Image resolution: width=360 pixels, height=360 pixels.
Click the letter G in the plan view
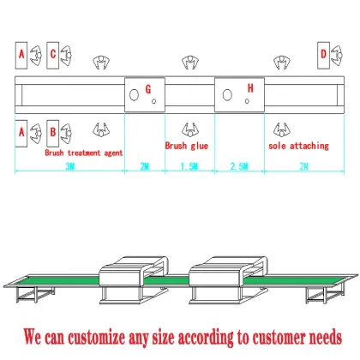coord(147,88)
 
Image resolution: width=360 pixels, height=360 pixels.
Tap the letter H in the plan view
coord(250,87)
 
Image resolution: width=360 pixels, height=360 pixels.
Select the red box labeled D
coord(323,54)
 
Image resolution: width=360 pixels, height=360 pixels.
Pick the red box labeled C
coord(53,54)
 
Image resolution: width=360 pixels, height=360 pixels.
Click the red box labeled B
coord(53,132)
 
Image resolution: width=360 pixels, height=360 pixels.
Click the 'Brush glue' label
coord(186,146)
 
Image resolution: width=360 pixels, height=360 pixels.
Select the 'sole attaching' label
coord(297,146)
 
